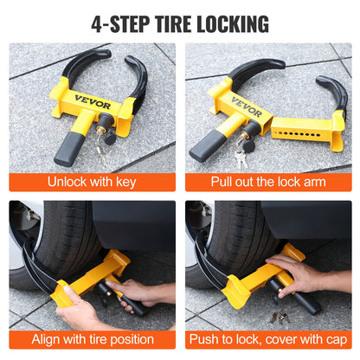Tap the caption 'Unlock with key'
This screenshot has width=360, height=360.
tap(92, 183)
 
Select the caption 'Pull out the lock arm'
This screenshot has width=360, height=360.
tap(268, 183)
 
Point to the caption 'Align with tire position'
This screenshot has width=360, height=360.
tap(92, 340)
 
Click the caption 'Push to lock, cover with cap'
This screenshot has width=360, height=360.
tap(268, 340)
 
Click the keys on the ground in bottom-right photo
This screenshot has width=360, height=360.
tap(280, 318)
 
